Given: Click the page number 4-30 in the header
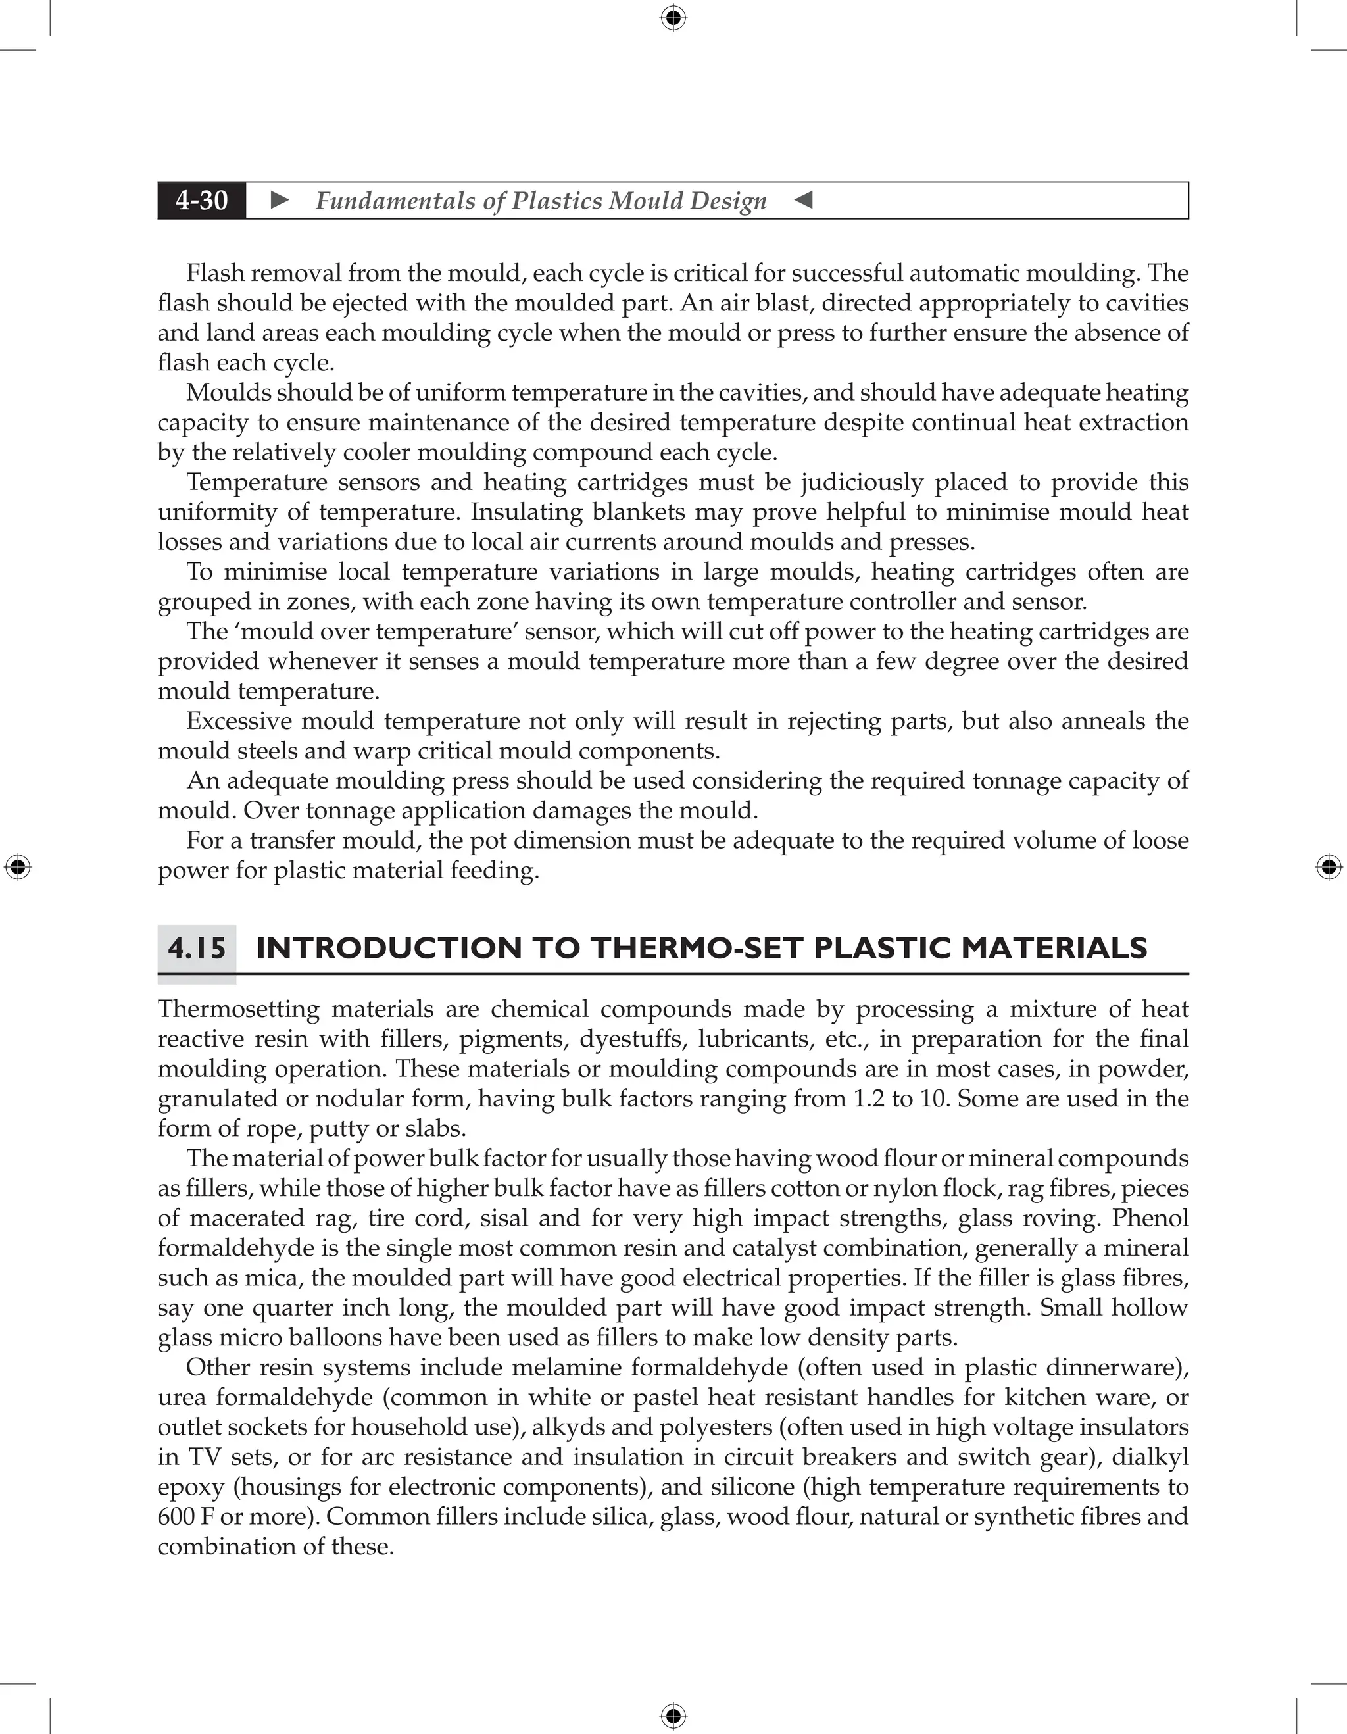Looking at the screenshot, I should (x=202, y=200).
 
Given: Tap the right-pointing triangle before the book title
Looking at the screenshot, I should (x=280, y=200).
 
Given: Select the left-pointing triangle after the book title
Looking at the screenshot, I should (x=803, y=200).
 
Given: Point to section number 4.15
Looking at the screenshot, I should (x=197, y=948).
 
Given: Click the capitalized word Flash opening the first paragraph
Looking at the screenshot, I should (x=212, y=273).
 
